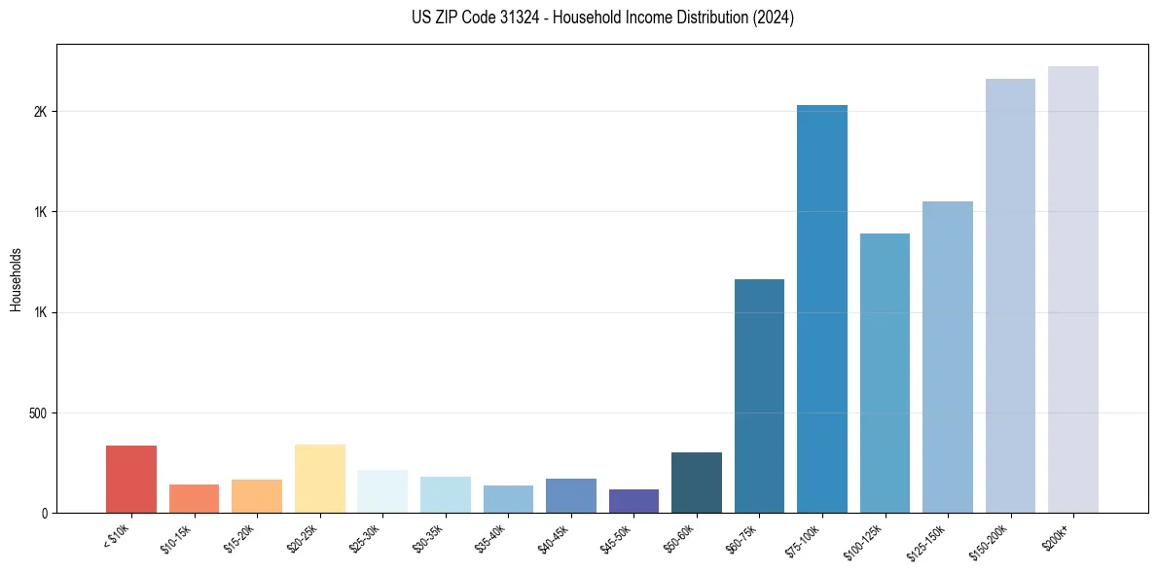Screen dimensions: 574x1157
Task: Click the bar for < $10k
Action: [131, 479]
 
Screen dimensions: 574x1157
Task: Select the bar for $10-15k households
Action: [194, 498]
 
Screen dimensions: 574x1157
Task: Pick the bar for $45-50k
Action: [633, 501]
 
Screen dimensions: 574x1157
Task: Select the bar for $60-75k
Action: [759, 396]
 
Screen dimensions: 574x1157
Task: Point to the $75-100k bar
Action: [822, 308]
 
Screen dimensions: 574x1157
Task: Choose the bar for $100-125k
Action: [885, 373]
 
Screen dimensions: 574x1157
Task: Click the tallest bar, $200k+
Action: [1073, 289]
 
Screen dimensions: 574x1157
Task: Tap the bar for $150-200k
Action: [1010, 296]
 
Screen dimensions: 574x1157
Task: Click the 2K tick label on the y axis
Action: [40, 112]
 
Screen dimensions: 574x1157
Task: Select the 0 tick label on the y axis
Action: [44, 514]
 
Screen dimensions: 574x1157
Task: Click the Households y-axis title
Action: [16, 279]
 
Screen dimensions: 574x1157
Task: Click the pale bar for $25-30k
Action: [382, 491]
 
